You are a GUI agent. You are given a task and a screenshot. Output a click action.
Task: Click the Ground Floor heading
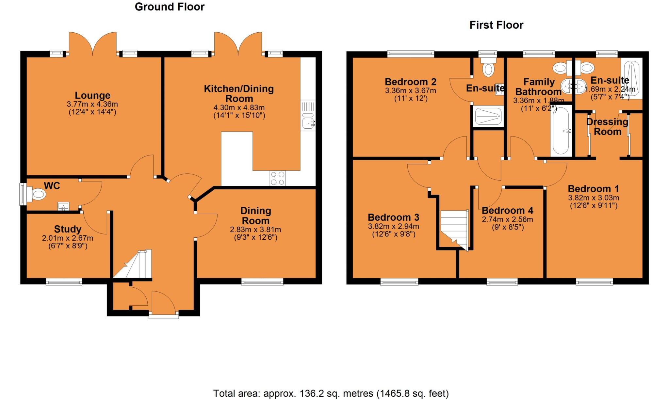coord(170,7)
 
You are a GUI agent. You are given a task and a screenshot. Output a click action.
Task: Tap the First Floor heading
coord(496,25)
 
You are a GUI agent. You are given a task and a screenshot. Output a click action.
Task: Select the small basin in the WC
coord(63,206)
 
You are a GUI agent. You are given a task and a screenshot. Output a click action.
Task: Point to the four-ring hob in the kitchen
coord(277,178)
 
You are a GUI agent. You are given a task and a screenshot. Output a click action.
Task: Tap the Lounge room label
coord(92,96)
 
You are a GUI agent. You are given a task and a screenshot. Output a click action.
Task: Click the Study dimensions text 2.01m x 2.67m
coord(68,238)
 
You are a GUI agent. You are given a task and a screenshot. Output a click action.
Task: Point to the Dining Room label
coord(255,216)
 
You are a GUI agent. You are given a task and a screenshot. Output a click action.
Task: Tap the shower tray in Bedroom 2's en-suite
coord(488,116)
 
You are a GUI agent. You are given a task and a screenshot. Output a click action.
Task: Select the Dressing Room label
coord(607,127)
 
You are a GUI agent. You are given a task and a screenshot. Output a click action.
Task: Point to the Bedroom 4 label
coord(507,210)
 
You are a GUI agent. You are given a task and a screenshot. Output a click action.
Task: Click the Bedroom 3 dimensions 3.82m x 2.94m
coord(394,226)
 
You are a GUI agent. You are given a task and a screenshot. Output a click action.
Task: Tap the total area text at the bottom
coord(331,393)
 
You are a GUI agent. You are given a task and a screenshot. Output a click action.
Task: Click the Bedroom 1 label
coord(593,189)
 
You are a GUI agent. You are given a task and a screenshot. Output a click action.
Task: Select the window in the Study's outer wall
coord(64,281)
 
